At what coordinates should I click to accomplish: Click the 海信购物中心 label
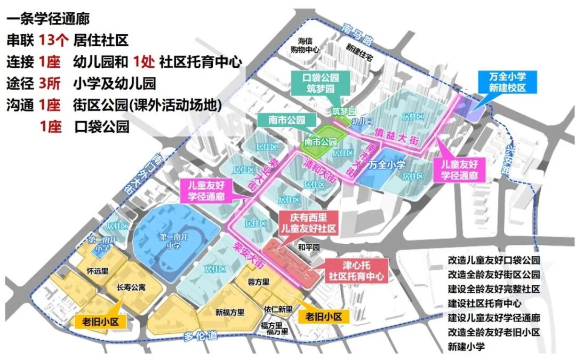[x=309, y=45]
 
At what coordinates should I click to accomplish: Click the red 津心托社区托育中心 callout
[x=357, y=271]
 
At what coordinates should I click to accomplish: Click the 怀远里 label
[x=98, y=270]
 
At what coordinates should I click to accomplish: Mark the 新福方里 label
[x=230, y=313]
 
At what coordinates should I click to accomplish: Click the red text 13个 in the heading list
[x=54, y=41]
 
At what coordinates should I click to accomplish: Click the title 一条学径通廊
[x=49, y=20]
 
